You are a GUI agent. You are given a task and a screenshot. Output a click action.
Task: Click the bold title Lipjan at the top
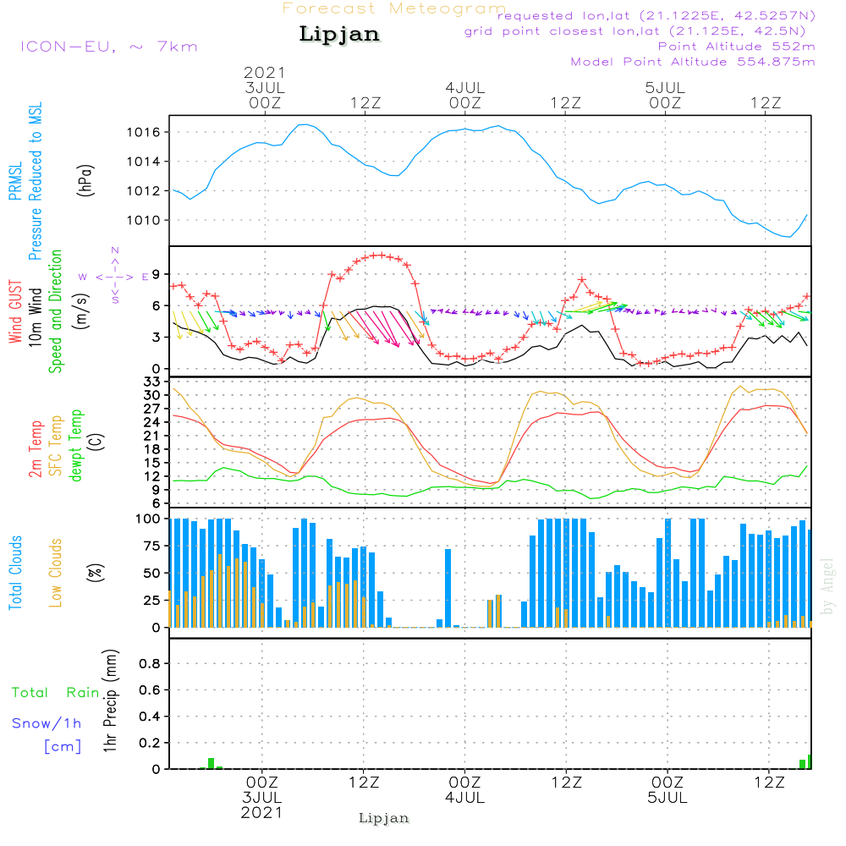[339, 35]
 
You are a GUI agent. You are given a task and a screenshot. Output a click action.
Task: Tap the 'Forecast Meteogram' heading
[394, 8]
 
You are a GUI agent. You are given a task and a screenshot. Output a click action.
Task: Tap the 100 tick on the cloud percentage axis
[149, 519]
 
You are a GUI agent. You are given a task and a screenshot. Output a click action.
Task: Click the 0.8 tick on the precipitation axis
[150, 663]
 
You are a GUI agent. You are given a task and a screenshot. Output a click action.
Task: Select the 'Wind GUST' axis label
[15, 314]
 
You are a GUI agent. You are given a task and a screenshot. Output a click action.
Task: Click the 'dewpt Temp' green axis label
[76, 446]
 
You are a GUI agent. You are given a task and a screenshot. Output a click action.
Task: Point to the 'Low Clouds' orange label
[56, 573]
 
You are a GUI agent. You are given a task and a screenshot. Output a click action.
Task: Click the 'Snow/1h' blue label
[47, 724]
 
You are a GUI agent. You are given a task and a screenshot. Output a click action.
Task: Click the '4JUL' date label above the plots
[464, 87]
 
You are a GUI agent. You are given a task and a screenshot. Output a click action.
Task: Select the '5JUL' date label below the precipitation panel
[667, 798]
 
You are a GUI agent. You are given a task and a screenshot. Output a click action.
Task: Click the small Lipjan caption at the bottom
[383, 818]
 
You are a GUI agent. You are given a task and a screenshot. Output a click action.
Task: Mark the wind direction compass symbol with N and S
[114, 276]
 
